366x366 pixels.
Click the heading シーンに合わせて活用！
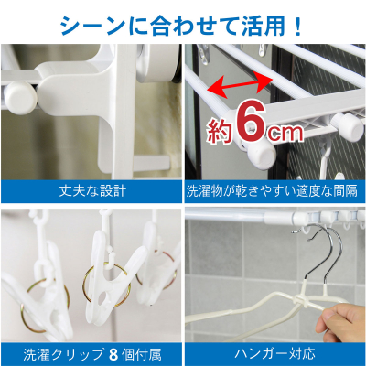[x=181, y=26]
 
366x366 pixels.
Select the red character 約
[x=219, y=131]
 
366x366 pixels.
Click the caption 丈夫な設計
[x=92, y=191]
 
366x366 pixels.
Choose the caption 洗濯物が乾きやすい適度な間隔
[x=272, y=191]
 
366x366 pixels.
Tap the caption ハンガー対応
[x=274, y=354]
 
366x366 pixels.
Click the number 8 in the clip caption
[x=113, y=355]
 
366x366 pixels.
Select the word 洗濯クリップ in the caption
[x=64, y=355]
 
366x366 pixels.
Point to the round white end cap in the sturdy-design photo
[x=20, y=98]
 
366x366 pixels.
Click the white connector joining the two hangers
[x=301, y=299]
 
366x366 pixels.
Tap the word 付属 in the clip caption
[x=149, y=355]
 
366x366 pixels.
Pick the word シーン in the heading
[x=91, y=27]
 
